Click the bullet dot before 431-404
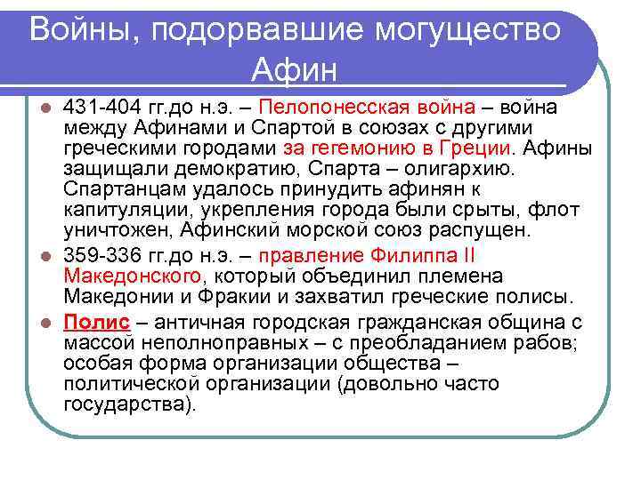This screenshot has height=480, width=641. (x=51, y=108)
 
